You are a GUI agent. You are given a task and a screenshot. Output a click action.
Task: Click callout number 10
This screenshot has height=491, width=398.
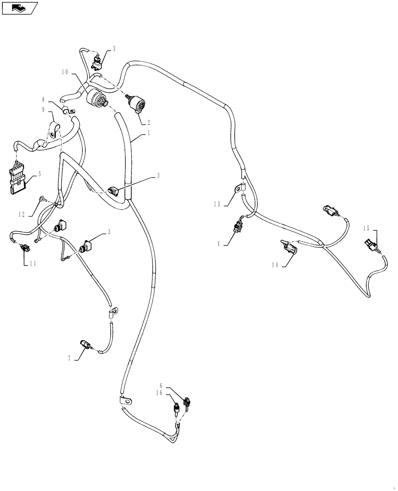65,72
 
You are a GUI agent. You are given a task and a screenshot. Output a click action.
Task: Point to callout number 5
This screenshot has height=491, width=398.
40,174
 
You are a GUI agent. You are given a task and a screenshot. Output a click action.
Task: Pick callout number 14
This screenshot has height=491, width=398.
275,265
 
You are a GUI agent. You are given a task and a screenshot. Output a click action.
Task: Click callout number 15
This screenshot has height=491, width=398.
366,228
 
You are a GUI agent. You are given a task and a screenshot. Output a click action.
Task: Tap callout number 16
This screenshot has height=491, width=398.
159,393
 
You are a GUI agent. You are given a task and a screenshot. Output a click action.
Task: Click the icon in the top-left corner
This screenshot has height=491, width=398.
19,8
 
